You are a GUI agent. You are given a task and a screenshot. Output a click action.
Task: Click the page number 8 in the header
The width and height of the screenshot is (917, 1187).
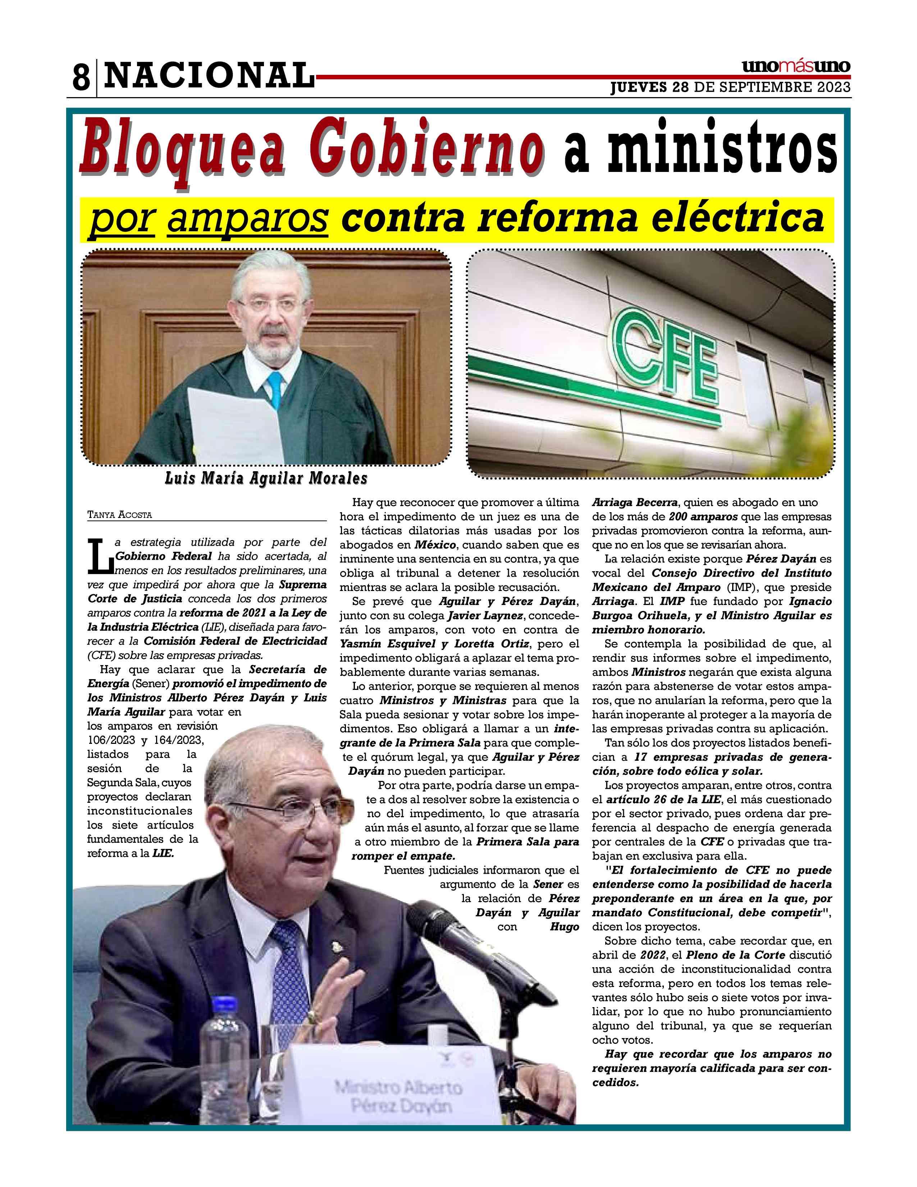pyautogui.click(x=81, y=78)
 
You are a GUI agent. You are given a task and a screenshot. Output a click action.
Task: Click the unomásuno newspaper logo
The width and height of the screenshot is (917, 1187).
pyautogui.click(x=796, y=67)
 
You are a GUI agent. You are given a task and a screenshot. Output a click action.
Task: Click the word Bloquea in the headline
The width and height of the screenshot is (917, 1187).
pyautogui.click(x=183, y=149)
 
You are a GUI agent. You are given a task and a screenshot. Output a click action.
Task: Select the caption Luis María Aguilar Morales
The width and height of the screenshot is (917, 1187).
pyautogui.click(x=266, y=478)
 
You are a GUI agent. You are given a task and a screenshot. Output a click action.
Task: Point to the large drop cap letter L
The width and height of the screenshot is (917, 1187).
pyautogui.click(x=100, y=555)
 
